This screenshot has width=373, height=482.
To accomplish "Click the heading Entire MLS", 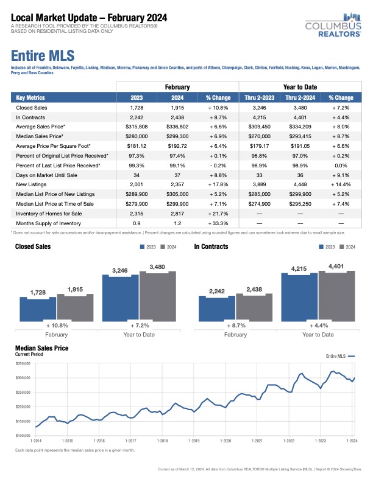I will pyautogui.click(x=43, y=57).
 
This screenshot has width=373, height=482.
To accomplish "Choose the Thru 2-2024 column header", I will pyautogui.click(x=299, y=97).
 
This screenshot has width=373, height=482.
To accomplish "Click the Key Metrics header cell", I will pyautogui.click(x=29, y=97).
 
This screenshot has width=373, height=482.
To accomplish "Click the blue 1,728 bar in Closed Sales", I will pyautogui.click(x=38, y=309).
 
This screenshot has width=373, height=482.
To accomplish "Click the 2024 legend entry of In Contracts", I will pyautogui.click(x=346, y=247).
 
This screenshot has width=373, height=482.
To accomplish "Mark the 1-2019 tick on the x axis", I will pyautogui.click(x=194, y=440).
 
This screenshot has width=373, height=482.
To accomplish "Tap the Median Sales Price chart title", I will pyautogui.click(x=41, y=348).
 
